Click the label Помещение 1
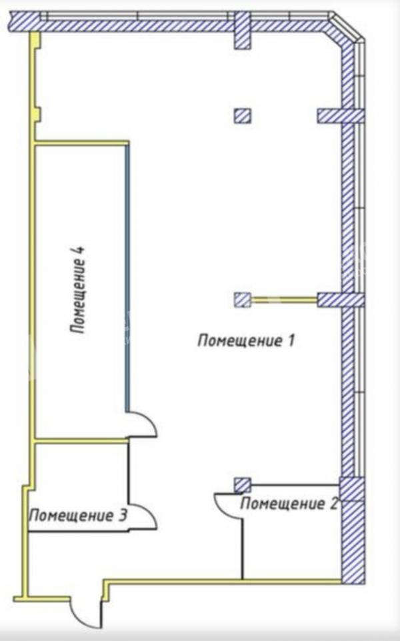(246, 340)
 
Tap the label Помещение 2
(289, 503)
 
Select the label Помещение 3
(78, 515)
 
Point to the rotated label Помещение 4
(78, 289)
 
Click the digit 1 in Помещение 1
(291, 340)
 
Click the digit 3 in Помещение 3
(122, 515)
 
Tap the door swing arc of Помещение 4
(142, 424)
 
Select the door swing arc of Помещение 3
(142, 516)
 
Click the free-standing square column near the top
(243, 116)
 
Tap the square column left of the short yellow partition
(243, 300)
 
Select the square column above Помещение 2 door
(243, 485)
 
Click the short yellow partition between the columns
(284, 300)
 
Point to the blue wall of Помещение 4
(127, 278)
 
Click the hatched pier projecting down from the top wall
(242, 30)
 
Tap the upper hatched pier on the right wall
(341, 116)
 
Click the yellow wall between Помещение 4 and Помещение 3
(81, 440)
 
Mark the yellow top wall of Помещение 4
(82, 143)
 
